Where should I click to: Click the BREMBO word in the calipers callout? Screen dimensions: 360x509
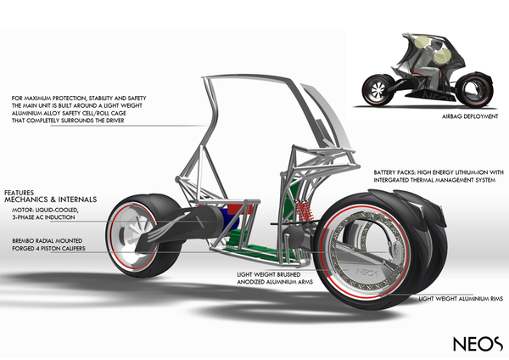pyautogui.click(x=23, y=241)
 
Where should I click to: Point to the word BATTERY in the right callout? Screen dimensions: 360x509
pyautogui.click(x=387, y=173)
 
